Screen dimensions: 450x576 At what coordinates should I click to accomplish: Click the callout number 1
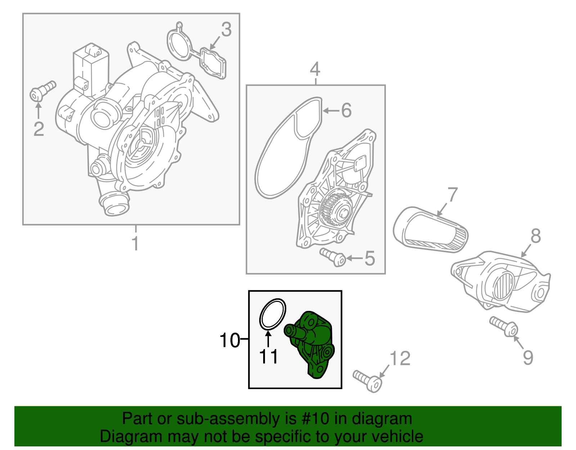[135, 244]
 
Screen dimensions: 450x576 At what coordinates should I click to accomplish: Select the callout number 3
[226, 30]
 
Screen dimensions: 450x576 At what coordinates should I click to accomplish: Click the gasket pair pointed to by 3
[197, 54]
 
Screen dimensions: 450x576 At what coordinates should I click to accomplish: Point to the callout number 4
[315, 69]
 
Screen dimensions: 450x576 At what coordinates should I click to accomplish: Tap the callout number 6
[346, 110]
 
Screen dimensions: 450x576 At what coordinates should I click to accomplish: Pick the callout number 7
[452, 195]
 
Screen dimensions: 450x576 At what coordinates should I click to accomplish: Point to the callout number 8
[536, 236]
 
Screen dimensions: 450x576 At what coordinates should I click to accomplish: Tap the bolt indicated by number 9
[504, 326]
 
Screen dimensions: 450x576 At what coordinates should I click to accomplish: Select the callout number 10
[230, 340]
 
